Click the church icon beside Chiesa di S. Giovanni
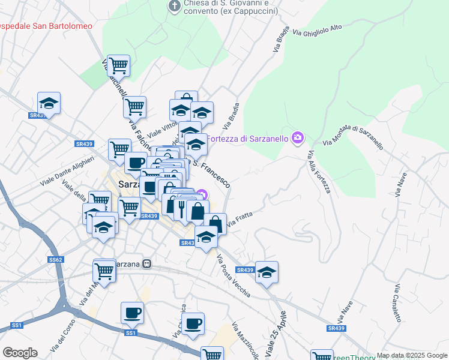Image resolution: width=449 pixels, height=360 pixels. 174,6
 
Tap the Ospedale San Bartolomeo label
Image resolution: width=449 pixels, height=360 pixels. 46,26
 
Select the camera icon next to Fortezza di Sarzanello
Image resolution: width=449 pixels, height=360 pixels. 297,139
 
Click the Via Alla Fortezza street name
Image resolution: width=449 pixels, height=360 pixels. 320,172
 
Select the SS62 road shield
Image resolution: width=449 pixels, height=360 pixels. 55,260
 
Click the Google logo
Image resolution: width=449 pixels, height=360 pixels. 19,353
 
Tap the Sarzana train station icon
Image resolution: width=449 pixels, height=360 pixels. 147,264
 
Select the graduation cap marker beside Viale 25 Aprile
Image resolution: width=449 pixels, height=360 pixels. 267,272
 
